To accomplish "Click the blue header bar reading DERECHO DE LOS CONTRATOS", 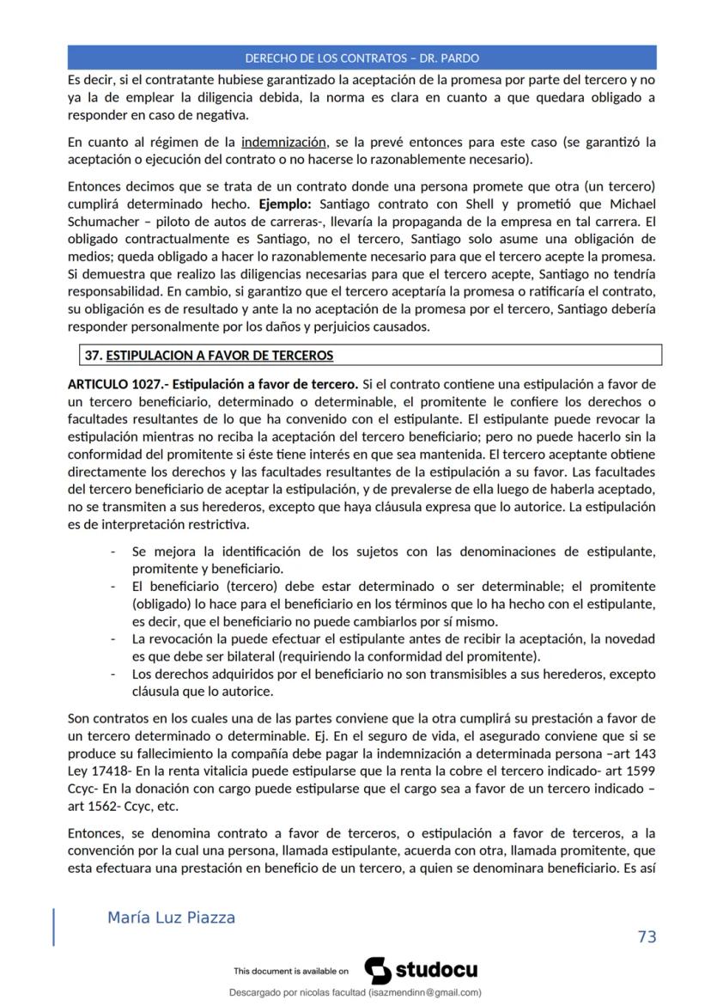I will (362, 58).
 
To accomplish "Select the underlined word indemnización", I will (284, 142).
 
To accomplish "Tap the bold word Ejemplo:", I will (288, 204).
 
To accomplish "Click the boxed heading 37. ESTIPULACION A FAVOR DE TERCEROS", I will (209, 355).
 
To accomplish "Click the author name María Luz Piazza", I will (171, 918).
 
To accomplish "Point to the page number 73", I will (647, 936).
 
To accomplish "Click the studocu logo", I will (421, 971).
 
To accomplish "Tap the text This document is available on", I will (290, 972).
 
